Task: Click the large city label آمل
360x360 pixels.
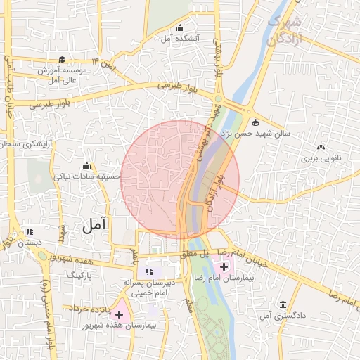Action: (94, 225)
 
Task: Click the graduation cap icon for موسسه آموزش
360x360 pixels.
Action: (62, 60)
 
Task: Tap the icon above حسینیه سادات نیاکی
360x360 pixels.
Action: (86, 165)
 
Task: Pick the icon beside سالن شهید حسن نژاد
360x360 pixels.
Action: (255, 122)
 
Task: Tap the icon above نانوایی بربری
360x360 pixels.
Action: (321, 147)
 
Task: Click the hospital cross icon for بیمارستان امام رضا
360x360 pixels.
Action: (224, 266)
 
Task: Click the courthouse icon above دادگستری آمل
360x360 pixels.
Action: (283, 304)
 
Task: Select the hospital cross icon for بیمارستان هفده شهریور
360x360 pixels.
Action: (119, 313)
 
